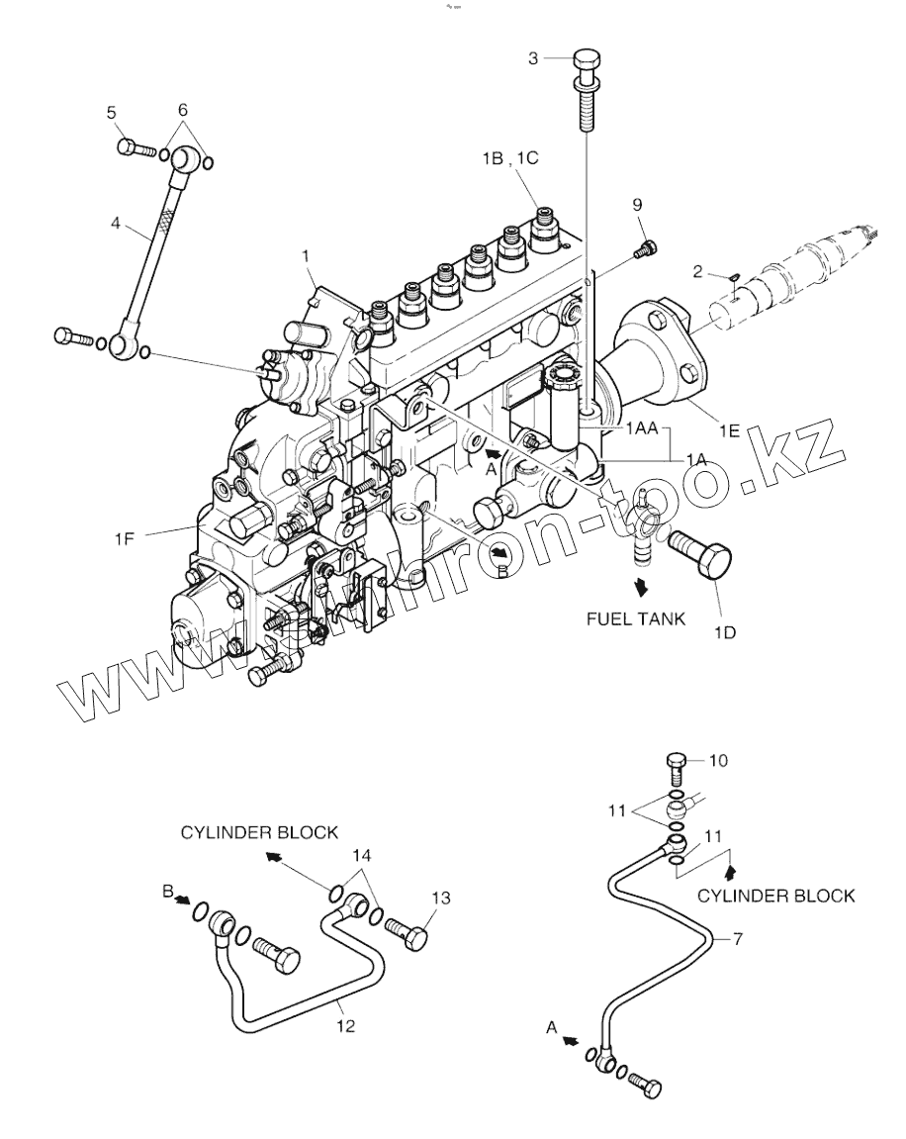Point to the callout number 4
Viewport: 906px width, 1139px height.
pos(116,225)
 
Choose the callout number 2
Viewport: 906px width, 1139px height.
pos(697,270)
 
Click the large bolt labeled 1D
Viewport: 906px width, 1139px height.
pos(702,557)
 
